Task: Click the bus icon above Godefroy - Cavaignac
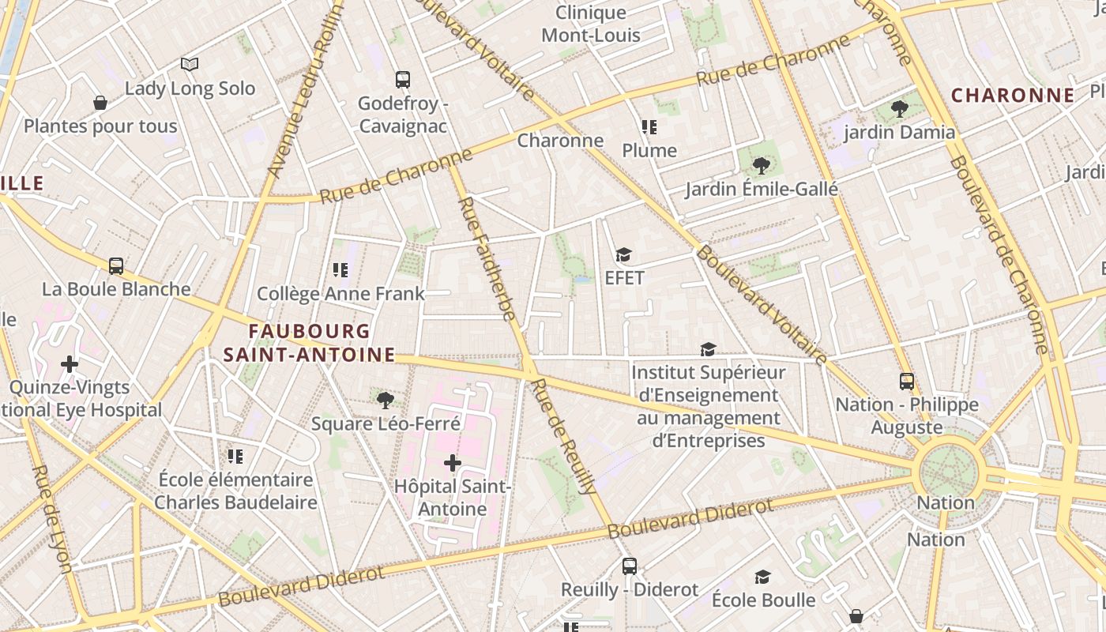pos(402,79)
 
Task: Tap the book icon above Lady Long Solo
pos(189,64)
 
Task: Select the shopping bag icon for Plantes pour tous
pos(100,103)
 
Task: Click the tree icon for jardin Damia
pos(899,108)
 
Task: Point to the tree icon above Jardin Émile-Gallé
pos(761,165)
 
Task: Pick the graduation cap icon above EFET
pos(623,254)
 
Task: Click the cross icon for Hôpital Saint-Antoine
pos(452,463)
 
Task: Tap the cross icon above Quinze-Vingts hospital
pos(70,364)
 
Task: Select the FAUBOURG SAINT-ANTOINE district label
pos(309,343)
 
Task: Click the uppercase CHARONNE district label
pos(1012,96)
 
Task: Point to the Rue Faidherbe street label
pos(487,258)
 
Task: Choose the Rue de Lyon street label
pos(52,518)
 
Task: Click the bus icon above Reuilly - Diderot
pos(629,566)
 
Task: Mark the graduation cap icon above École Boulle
pos(762,577)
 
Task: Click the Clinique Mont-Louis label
pos(591,24)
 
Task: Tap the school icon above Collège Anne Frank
pos(340,270)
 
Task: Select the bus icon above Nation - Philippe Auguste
pos(906,381)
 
